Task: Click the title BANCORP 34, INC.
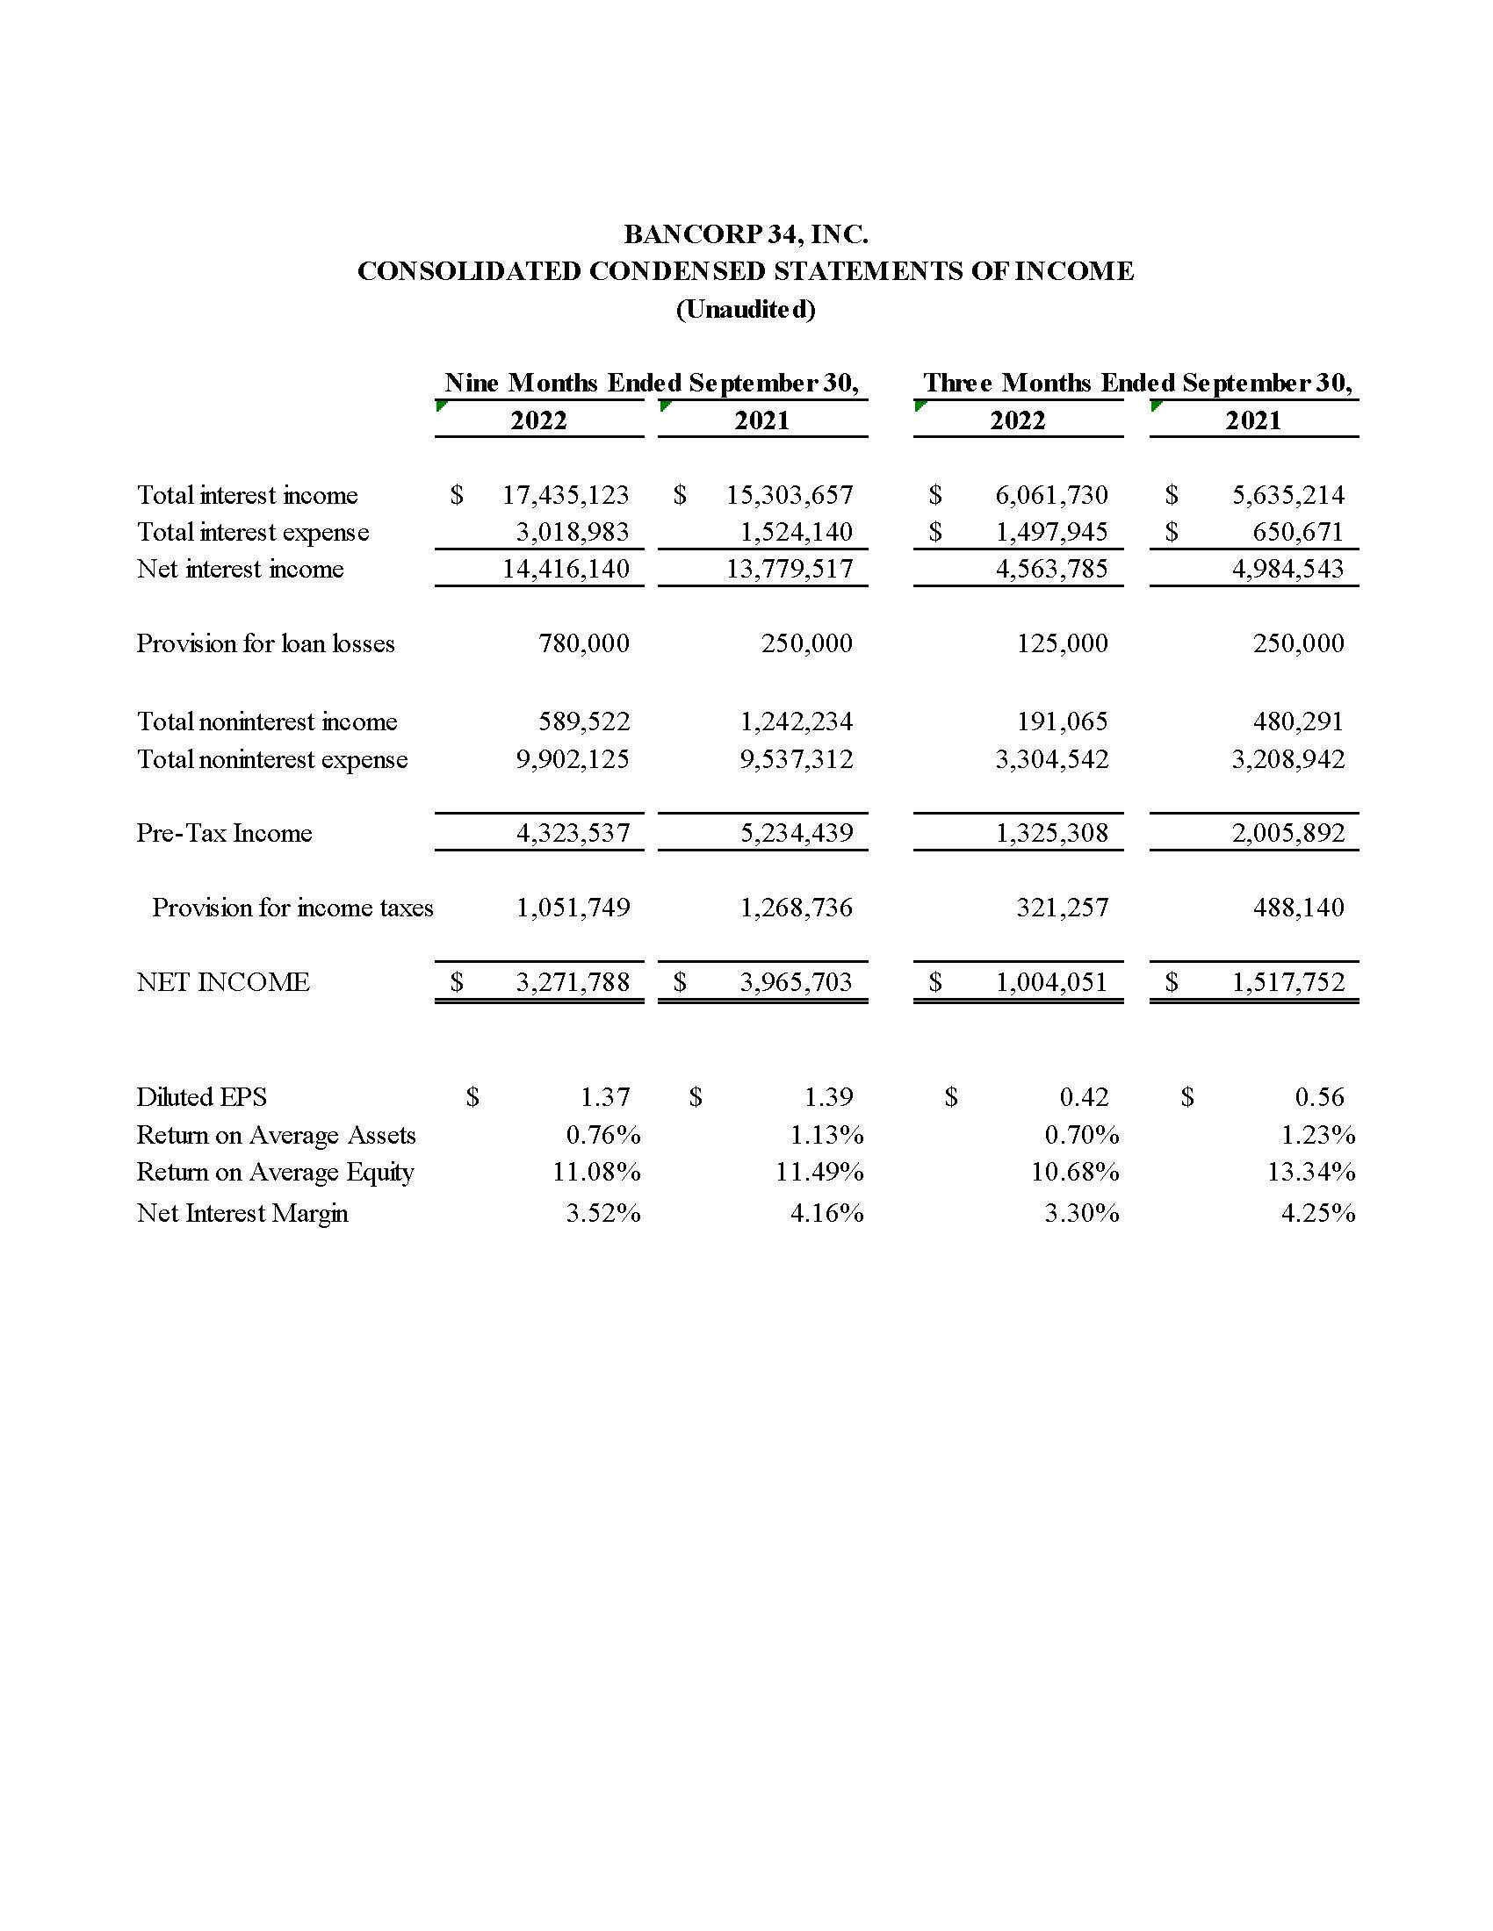pyautogui.click(x=746, y=234)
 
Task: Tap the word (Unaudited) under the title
pyautogui.click(x=746, y=310)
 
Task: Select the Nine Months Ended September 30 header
pyautogui.click(x=651, y=383)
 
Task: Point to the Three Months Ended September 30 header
pyautogui.click(x=1136, y=383)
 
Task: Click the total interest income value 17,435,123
pyautogui.click(x=566, y=495)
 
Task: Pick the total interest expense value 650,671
pyautogui.click(x=1297, y=532)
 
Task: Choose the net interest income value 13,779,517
pyautogui.click(x=789, y=569)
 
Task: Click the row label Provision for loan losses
pyautogui.click(x=265, y=643)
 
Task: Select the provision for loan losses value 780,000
pyautogui.click(x=584, y=643)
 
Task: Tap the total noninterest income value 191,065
pyautogui.click(x=1062, y=721)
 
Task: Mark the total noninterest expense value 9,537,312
pyautogui.click(x=796, y=759)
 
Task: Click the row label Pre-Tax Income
pyautogui.click(x=224, y=833)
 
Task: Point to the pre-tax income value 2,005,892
pyautogui.click(x=1287, y=833)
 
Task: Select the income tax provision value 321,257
pyautogui.click(x=1062, y=908)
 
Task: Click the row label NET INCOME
pyautogui.click(x=223, y=982)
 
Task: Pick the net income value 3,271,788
pyautogui.click(x=573, y=982)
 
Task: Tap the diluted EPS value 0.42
pyautogui.click(x=1084, y=1097)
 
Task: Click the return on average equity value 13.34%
pyautogui.click(x=1311, y=1173)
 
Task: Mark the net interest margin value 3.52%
pyautogui.click(x=603, y=1213)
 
